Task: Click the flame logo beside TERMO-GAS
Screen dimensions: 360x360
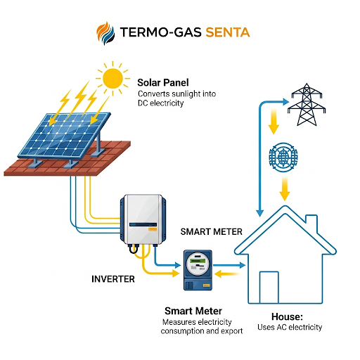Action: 105,33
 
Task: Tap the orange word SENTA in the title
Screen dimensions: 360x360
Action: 228,32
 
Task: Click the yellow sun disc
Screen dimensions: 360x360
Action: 112,79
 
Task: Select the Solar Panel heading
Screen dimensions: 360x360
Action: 163,82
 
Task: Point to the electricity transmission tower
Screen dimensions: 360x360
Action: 307,105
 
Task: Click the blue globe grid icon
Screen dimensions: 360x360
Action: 283,157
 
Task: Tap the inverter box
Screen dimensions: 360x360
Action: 143,220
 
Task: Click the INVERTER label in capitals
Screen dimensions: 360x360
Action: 113,279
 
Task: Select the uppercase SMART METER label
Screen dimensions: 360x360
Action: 211,232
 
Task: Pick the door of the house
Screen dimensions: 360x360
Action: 269,288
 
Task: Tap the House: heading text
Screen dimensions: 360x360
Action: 287,316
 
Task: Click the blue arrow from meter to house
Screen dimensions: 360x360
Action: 229,265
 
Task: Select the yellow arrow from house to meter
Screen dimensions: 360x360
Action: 227,274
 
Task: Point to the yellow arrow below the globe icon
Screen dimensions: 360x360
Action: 285,188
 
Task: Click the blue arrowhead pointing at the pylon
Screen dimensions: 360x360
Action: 286,102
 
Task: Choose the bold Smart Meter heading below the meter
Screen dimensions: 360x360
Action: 193,311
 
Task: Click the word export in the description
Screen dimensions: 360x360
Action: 231,331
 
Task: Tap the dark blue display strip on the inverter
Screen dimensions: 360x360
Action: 143,224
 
